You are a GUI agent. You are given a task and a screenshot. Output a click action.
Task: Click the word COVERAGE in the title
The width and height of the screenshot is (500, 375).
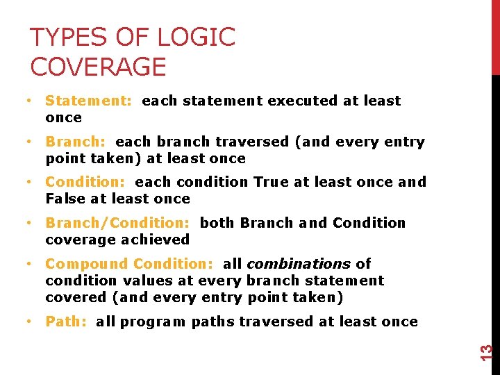[99, 67]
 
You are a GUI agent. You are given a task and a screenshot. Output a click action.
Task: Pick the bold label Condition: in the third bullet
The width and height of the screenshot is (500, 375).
[85, 182]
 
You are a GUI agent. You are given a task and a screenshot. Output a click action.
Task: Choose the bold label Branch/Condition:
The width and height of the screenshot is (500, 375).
[117, 223]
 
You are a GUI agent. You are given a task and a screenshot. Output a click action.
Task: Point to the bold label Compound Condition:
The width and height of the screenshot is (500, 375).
[130, 264]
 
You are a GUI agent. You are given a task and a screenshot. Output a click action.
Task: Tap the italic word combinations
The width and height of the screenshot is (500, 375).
[299, 264]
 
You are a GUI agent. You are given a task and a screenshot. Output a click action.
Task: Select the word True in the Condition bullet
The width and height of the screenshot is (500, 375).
[269, 182]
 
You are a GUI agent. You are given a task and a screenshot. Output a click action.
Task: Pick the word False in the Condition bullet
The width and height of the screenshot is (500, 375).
[65, 199]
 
